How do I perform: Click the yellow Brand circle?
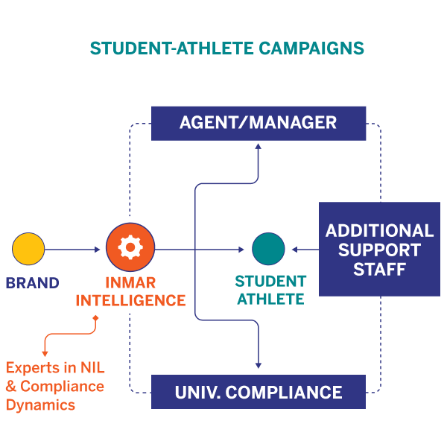[x=28, y=250]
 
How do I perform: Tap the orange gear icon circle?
[x=130, y=249]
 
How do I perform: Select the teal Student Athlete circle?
[x=268, y=250]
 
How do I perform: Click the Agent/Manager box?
[x=259, y=123]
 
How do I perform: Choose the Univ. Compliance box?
[x=259, y=391]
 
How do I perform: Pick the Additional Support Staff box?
[x=379, y=249]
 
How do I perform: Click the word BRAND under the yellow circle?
[x=32, y=283]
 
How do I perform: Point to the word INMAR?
[x=130, y=283]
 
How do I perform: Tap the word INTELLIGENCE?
[x=130, y=301]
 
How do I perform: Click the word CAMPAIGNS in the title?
[x=311, y=48]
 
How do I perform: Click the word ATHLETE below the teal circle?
[x=270, y=299]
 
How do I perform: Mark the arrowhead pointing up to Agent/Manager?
[x=259, y=146]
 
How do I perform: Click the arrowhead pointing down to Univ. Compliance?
[x=259, y=364]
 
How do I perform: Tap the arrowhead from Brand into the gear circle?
[x=97, y=250]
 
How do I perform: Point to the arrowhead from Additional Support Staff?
[x=295, y=250]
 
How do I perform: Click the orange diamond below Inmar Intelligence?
[x=95, y=319]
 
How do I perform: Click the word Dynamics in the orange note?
[x=40, y=405]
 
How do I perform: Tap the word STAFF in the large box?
[x=379, y=269]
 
